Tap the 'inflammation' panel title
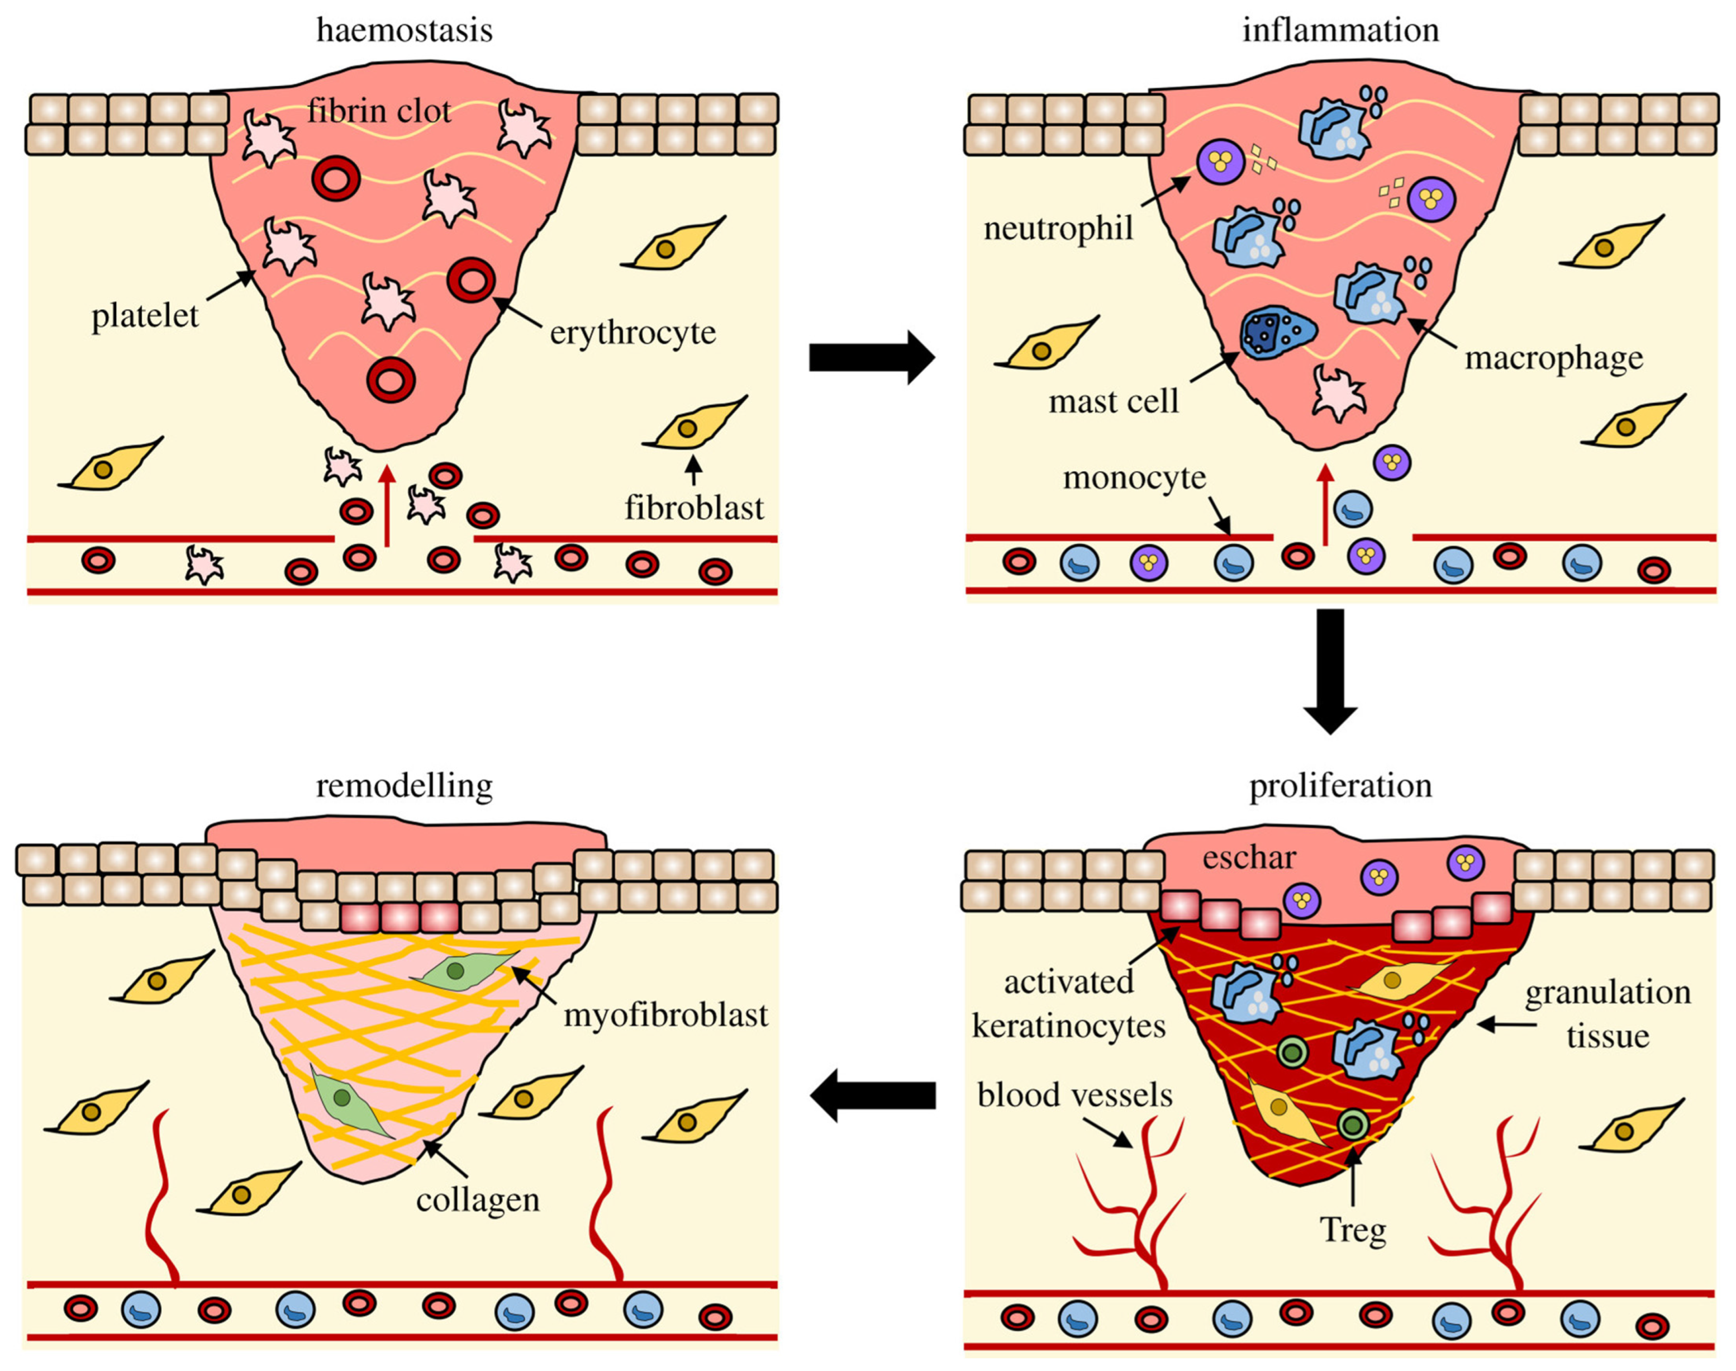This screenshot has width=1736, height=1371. click(1340, 31)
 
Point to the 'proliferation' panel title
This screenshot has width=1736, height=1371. click(1340, 785)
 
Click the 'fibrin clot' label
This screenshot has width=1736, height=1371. click(379, 111)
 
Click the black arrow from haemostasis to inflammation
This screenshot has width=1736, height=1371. click(871, 357)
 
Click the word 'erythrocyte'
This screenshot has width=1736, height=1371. click(632, 333)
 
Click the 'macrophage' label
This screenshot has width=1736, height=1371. click(1554, 358)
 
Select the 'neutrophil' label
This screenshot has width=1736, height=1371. click(1058, 229)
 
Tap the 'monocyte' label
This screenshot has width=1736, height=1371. click(1134, 478)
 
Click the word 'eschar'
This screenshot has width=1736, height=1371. click(1249, 858)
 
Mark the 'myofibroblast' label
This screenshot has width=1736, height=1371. click(666, 1016)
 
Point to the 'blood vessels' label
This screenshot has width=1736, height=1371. click(1075, 1095)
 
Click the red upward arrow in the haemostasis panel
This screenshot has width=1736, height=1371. click(387, 506)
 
